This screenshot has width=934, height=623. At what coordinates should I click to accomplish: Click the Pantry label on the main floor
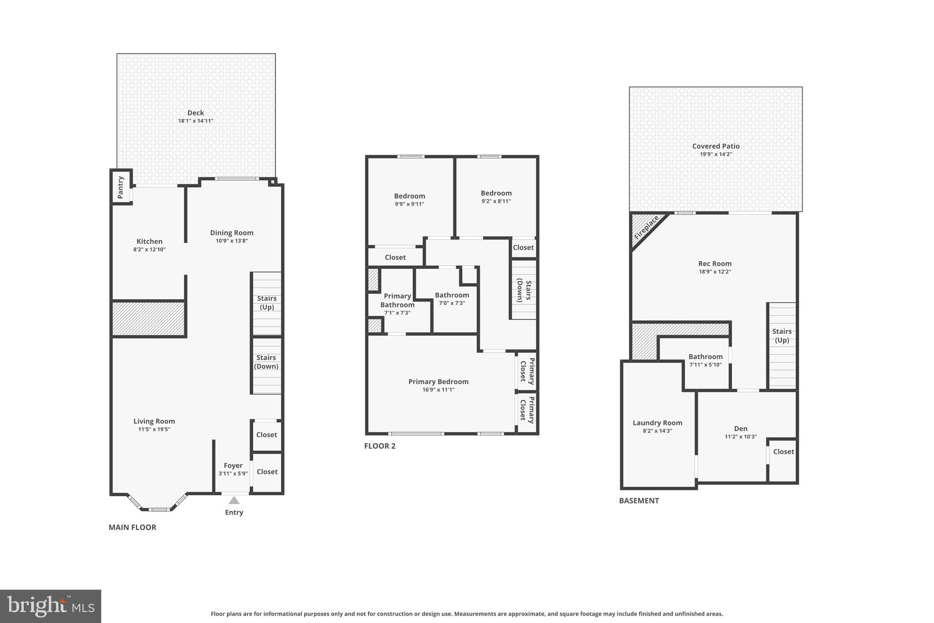tap(120, 187)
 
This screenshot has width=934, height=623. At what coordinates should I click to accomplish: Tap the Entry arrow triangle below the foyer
tap(234, 500)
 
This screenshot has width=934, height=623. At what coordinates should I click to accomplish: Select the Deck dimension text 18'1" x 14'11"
tap(196, 121)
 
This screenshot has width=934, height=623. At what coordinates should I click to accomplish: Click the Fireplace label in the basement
tap(646, 227)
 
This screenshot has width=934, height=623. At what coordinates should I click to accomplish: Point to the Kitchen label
tap(149, 241)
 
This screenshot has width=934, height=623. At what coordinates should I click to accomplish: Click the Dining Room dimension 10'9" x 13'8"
tap(232, 241)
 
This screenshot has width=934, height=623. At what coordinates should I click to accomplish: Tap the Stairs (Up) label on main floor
tap(267, 303)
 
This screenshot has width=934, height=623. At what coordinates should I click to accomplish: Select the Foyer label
tap(233, 466)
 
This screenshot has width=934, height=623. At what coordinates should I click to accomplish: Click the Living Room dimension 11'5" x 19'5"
tap(154, 429)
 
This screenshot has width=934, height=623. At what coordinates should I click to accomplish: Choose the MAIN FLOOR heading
tap(132, 527)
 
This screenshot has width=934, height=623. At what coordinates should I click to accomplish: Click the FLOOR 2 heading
tap(379, 446)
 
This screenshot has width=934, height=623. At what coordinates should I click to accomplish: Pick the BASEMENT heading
tap(638, 501)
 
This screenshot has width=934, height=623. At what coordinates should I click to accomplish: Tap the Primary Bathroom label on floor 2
tap(397, 300)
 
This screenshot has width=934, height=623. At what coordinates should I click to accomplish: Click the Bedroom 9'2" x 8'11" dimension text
tap(496, 201)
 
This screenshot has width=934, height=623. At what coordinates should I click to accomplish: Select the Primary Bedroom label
tap(438, 382)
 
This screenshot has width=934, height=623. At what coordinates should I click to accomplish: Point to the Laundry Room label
tap(657, 423)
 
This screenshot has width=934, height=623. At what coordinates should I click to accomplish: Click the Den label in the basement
tap(741, 429)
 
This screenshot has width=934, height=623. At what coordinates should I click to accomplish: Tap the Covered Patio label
tap(716, 146)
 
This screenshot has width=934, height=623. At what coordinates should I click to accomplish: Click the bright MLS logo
tap(51, 606)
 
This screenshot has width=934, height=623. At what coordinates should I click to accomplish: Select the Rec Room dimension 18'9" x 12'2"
tap(715, 272)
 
